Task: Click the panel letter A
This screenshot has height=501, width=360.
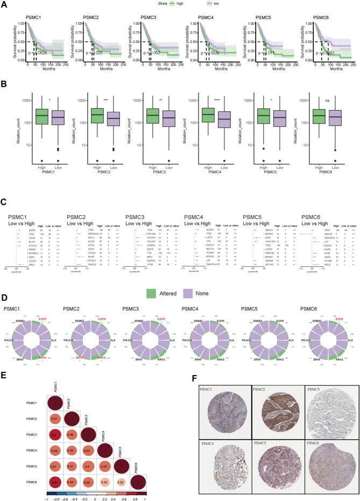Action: click(x=5, y=5)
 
